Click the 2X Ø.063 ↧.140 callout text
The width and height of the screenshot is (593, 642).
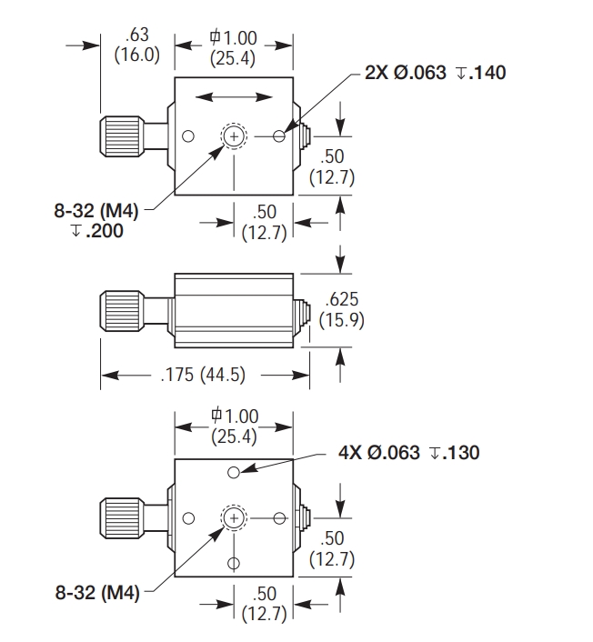[435, 73]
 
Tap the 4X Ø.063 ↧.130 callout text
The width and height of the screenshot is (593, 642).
[409, 452]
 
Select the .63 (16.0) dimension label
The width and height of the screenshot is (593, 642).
[136, 45]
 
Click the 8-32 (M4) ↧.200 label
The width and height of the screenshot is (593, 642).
[96, 221]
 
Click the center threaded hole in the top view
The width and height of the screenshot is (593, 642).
[235, 136]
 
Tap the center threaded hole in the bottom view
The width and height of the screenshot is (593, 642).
[235, 517]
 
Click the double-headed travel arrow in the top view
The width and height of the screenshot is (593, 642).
[235, 95]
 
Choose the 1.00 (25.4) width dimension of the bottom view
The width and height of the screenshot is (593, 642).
[234, 426]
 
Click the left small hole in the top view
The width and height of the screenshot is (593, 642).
[188, 136]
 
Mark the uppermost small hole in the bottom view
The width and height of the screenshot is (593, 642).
[235, 471]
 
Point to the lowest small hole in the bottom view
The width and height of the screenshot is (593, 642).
[235, 563]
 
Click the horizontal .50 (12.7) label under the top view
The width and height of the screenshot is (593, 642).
[265, 221]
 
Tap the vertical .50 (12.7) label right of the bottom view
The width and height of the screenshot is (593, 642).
[332, 548]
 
